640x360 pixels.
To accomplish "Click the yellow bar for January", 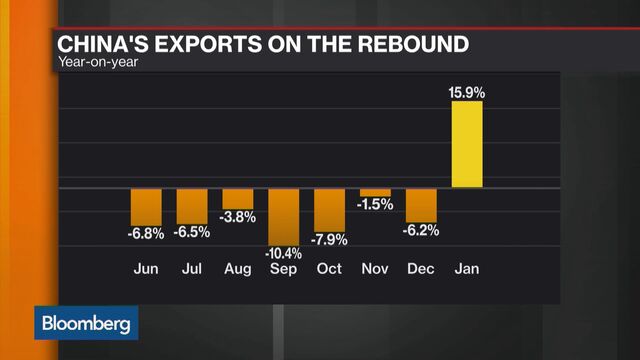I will [467, 143].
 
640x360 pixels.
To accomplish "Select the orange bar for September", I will [283, 214].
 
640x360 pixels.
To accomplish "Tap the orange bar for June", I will [146, 206].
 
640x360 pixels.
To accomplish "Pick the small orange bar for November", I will [375, 192].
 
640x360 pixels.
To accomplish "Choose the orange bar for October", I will [329, 209].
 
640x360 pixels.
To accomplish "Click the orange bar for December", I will [421, 205].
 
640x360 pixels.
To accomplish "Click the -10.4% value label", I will [283, 253].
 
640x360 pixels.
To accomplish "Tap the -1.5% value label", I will [375, 205].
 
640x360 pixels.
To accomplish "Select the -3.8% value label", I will [238, 217].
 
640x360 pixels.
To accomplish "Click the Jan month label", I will [467, 269].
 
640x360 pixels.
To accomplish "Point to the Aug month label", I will [238, 269].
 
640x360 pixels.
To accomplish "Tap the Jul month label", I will [192, 269].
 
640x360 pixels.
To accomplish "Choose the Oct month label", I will [329, 269].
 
